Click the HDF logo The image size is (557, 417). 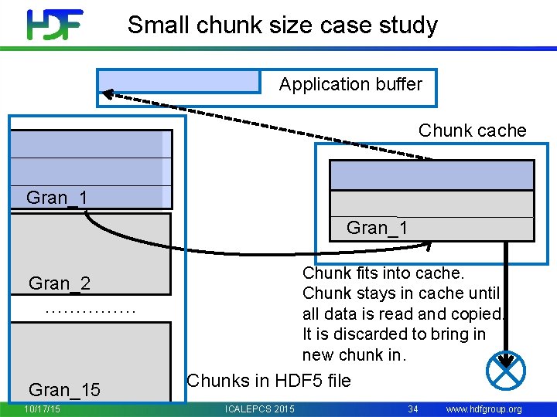[x=54, y=25]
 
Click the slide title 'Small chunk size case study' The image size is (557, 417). [x=282, y=25]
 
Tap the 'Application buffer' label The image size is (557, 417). [x=350, y=84]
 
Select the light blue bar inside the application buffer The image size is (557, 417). [x=179, y=81]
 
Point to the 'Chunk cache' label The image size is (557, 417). [x=472, y=131]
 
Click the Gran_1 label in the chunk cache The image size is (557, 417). [x=377, y=228]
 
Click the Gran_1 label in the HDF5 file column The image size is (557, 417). [x=56, y=198]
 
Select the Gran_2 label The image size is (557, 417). [x=59, y=283]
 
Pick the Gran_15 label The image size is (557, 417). [x=64, y=390]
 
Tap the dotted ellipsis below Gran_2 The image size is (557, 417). [x=91, y=310]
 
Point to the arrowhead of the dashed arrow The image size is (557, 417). [x=108, y=93]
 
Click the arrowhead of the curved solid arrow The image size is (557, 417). [x=427, y=246]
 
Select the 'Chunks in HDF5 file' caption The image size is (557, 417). [x=268, y=381]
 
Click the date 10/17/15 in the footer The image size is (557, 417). [x=43, y=409]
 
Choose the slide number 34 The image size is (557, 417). [x=413, y=409]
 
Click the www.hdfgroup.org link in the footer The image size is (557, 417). [x=484, y=409]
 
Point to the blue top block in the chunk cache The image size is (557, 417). [x=432, y=175]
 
